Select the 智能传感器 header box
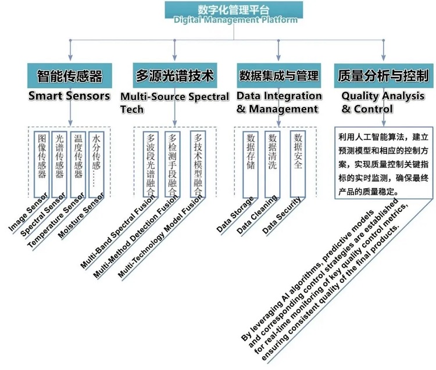pyautogui.click(x=69, y=76)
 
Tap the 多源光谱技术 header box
pyautogui.click(x=175, y=76)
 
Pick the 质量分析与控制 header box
pyautogui.click(x=384, y=76)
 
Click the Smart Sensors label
pyautogui.click(x=69, y=95)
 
